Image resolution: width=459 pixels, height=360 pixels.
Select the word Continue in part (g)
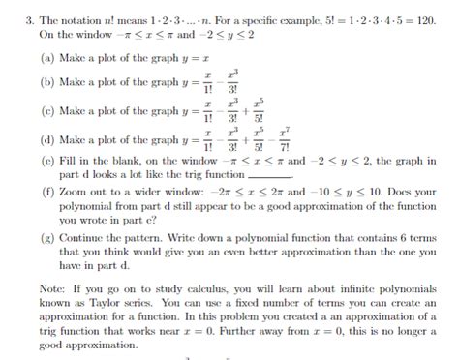(82, 236)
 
